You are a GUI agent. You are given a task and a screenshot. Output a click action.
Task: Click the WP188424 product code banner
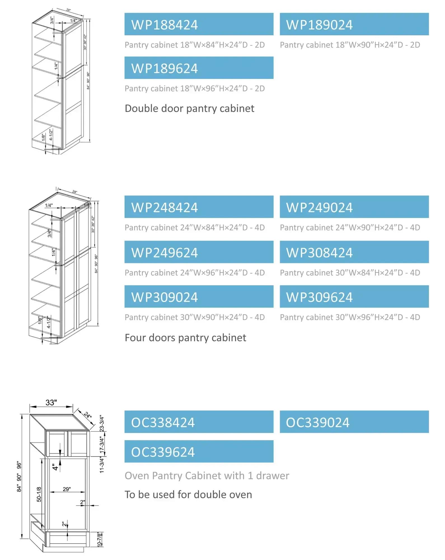(x=199, y=24)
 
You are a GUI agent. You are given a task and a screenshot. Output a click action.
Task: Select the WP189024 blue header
(x=354, y=24)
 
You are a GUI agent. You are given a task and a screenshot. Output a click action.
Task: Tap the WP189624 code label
(x=199, y=68)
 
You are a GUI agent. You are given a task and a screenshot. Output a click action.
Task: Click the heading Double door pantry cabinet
(x=189, y=108)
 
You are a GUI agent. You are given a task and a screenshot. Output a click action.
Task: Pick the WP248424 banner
(x=199, y=207)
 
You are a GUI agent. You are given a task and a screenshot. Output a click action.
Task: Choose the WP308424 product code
(x=354, y=252)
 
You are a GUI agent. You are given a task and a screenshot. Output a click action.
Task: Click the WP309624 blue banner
(x=354, y=297)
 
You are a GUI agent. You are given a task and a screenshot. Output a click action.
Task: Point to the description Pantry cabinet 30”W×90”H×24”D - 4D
(x=195, y=317)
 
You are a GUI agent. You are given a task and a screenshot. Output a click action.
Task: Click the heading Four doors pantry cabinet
(x=185, y=338)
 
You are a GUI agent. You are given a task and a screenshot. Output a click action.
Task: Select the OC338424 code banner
(x=199, y=422)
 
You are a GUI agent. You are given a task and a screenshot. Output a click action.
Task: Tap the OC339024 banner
(x=354, y=422)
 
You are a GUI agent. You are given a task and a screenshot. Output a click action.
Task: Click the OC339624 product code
(x=199, y=451)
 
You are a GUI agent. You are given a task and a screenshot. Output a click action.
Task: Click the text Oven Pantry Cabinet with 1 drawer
(x=207, y=476)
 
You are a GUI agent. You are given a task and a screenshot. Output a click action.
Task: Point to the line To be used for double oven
(x=188, y=494)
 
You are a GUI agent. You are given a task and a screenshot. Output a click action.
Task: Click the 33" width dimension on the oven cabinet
(x=51, y=403)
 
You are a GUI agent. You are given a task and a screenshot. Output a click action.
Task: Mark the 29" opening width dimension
(x=67, y=489)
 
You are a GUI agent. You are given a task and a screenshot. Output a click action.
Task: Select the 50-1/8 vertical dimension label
(x=39, y=494)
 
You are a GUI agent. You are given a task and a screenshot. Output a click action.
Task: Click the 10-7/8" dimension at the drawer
(x=99, y=540)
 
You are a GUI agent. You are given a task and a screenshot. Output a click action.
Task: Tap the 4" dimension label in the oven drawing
(x=55, y=467)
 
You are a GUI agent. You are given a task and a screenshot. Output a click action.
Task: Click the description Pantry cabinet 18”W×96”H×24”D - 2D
(x=195, y=88)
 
